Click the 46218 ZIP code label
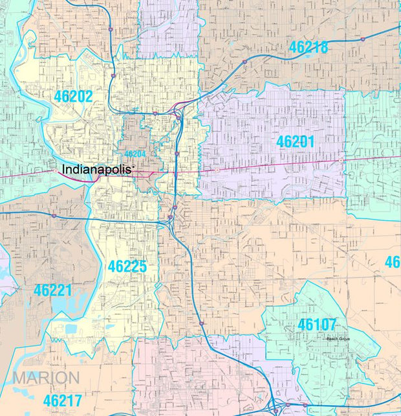(x=309, y=47)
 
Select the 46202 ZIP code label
(x=73, y=97)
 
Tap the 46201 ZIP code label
(x=295, y=141)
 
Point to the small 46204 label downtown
(x=135, y=154)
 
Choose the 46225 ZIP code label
(x=127, y=266)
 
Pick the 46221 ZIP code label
(x=54, y=290)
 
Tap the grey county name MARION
(x=45, y=378)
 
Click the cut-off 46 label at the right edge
(x=393, y=262)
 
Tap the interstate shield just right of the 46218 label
(x=363, y=39)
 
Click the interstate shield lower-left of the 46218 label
(x=244, y=62)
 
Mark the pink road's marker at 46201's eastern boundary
(x=341, y=160)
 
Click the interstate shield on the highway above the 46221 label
(x=54, y=215)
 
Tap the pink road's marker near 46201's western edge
(x=218, y=170)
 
